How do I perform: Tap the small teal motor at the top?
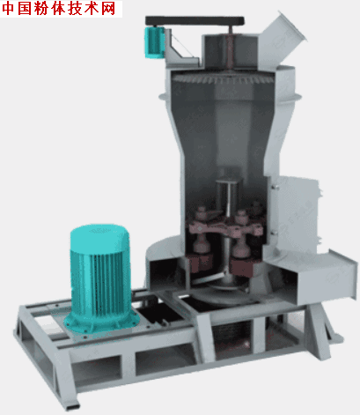(x=153, y=41)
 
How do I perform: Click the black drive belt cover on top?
(x=195, y=21)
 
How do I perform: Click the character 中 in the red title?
(x=9, y=9)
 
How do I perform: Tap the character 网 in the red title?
(x=109, y=9)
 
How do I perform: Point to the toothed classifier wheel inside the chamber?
(x=223, y=78)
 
